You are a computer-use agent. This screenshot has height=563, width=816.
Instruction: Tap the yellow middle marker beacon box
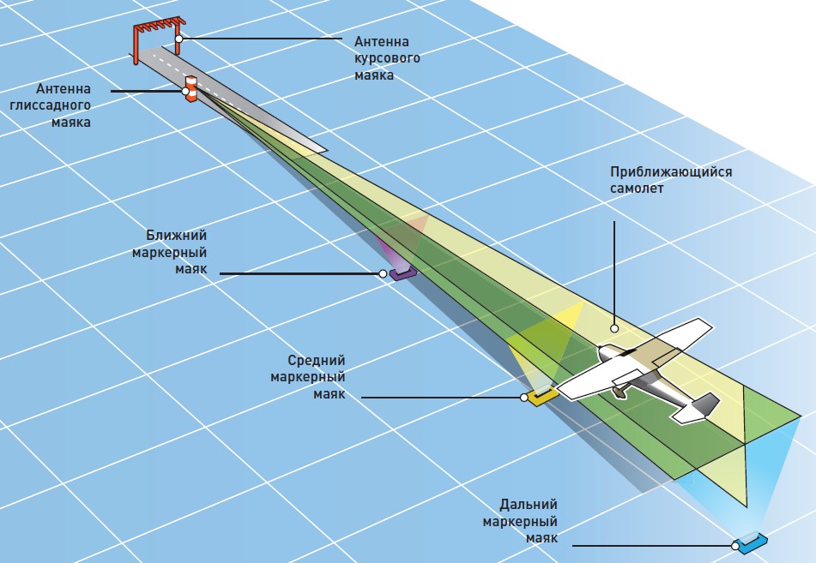click(542, 395)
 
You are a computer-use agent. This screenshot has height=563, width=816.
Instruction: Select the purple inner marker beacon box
click(402, 273)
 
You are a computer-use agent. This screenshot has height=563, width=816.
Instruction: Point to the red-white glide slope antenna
click(191, 89)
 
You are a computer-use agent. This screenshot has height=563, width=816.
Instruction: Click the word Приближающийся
click(671, 171)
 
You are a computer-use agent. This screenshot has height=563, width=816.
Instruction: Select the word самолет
click(637, 189)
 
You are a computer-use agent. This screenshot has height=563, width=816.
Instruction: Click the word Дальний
click(529, 505)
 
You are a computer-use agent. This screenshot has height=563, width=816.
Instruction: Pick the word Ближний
click(178, 235)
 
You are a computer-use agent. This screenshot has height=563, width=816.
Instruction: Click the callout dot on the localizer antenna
click(178, 39)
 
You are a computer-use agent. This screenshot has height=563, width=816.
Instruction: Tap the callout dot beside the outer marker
click(736, 544)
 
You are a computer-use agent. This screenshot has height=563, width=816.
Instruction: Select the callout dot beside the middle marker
click(524, 398)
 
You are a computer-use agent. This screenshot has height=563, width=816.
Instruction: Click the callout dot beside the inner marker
click(383, 274)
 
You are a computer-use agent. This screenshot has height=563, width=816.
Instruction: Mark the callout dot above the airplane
click(614, 327)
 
